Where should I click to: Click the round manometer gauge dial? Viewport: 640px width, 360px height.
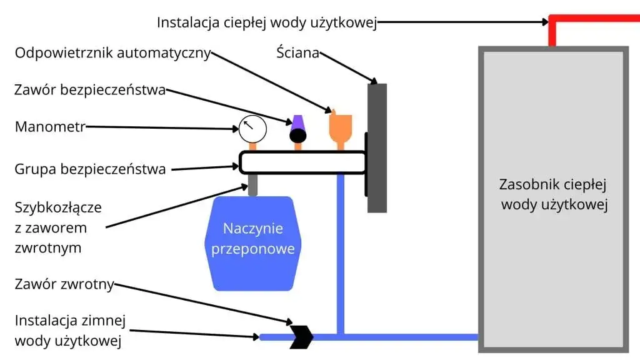(252, 129)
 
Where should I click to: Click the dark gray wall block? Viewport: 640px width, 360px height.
(377, 147)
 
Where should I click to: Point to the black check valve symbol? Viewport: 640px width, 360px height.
(301, 337)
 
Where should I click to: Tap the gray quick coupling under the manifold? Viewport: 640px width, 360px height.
(252, 185)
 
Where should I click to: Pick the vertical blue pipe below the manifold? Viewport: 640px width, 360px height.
(341, 250)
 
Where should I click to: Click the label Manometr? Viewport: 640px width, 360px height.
(49, 127)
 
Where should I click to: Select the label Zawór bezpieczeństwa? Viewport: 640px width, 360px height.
(90, 90)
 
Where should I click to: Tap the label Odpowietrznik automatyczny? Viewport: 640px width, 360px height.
(113, 52)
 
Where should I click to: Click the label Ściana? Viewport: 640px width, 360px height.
(298, 52)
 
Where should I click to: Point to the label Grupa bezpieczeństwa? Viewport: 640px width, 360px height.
(90, 169)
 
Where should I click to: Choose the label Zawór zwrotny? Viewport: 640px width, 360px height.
(64, 284)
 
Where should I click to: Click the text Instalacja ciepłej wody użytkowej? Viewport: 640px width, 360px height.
(267, 22)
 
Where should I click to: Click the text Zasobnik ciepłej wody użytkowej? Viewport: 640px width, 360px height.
(554, 194)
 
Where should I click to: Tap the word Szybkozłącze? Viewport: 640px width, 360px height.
(58, 207)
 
